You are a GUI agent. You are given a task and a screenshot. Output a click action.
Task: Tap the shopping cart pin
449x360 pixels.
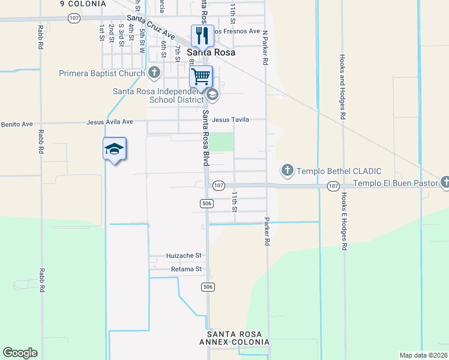pos(201,76)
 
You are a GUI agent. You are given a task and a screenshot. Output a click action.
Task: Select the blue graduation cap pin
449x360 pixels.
pos(114,149)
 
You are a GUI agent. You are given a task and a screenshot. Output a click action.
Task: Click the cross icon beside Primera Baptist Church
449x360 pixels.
pos(154,73)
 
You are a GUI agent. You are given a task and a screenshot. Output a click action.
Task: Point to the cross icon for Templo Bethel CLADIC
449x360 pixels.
pos(288,171)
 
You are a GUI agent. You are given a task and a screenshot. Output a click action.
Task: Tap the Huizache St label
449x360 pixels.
pos(184,256)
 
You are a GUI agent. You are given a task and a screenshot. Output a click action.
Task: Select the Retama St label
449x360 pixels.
pos(185,269)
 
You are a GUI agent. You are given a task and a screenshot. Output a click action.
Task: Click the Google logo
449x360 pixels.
pos(20,352)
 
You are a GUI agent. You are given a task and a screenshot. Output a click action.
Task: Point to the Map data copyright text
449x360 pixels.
pos(423,355)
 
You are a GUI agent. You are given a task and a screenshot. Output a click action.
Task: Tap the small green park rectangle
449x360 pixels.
pos(223,142)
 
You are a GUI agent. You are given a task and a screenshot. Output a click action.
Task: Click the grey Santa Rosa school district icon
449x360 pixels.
pos(211,95)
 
